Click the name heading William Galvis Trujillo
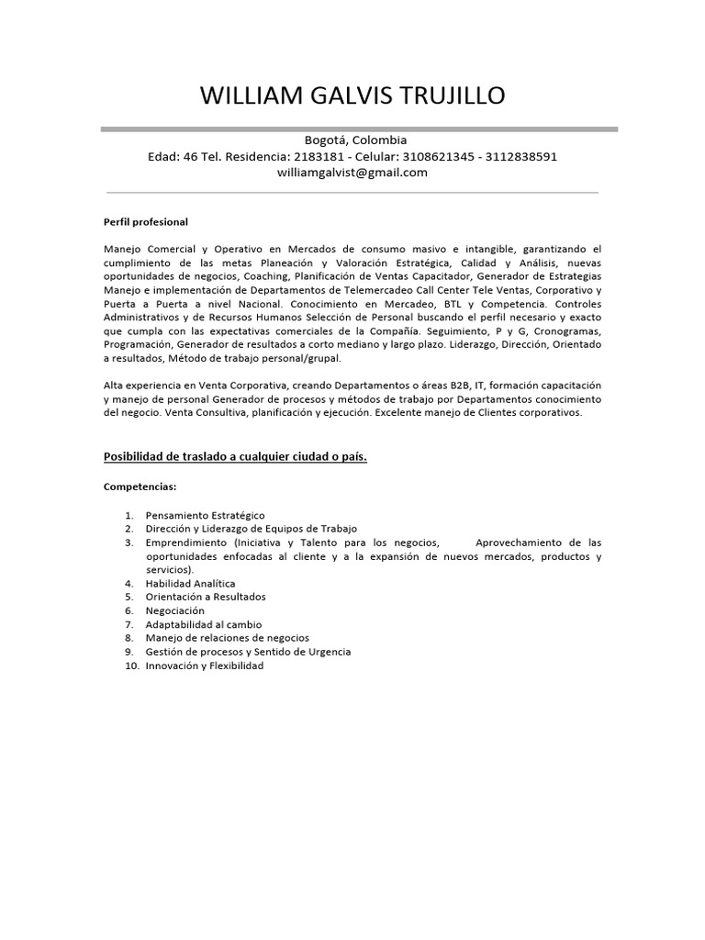point(352,95)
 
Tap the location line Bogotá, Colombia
point(352,140)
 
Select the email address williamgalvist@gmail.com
point(352,172)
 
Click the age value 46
point(191,156)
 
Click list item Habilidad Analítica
point(190,583)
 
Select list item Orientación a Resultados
point(206,597)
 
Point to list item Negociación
point(174,610)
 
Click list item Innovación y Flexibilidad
point(204,666)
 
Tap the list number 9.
point(130,652)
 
